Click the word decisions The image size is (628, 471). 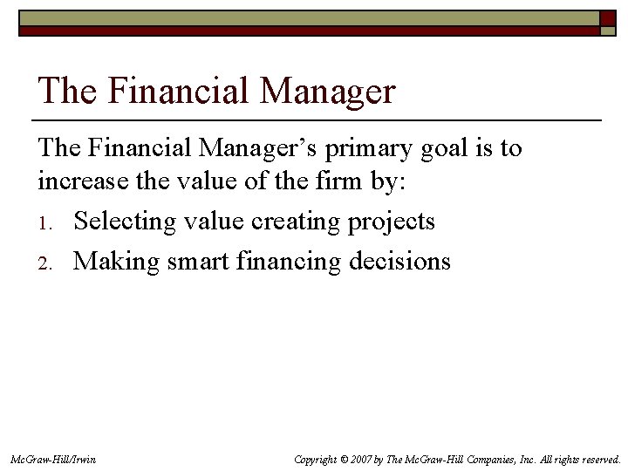(x=406, y=261)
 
